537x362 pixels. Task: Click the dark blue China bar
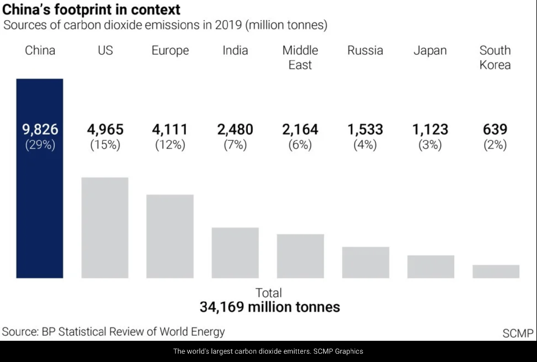tap(40, 212)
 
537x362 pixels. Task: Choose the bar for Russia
tap(365, 262)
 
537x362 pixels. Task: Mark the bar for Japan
tap(431, 266)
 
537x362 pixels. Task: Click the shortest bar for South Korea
tap(496, 271)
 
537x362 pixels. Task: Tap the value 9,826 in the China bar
tap(40, 130)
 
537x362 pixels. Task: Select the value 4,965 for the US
tap(105, 130)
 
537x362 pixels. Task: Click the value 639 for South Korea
tap(495, 130)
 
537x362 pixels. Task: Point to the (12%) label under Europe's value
tap(170, 145)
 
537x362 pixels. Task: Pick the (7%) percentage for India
tap(235, 145)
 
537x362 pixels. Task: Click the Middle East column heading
tap(300, 58)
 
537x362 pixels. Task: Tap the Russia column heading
tap(365, 50)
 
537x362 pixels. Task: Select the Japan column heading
tap(430, 50)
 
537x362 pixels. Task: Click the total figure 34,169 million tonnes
tap(270, 307)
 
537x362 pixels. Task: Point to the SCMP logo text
tap(518, 333)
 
